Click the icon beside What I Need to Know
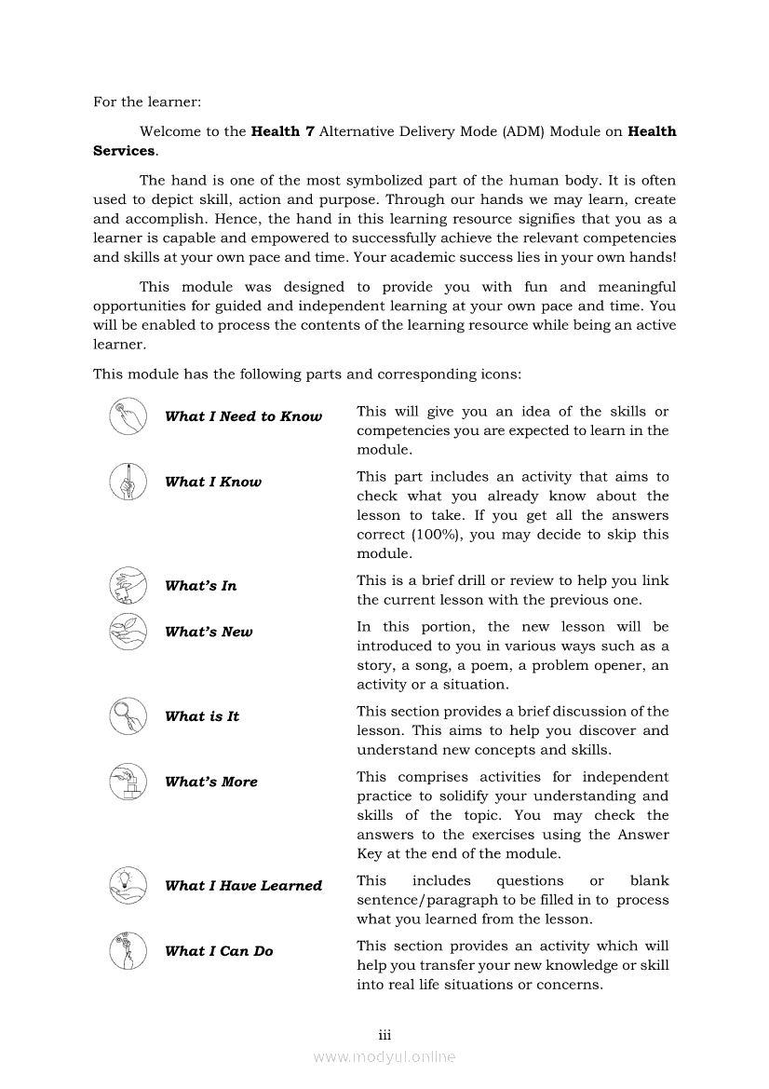tap(128, 416)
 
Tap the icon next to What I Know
tap(128, 482)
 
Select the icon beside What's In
tap(128, 585)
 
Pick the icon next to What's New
tap(128, 631)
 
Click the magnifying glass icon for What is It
tap(128, 715)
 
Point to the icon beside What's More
tap(128, 782)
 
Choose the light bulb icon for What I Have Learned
tap(128, 885)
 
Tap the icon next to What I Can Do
tap(128, 950)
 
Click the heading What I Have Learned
tap(243, 886)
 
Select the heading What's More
tap(210, 783)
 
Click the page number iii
tap(384, 1035)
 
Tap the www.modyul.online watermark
tap(384, 1056)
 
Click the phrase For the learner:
tap(147, 102)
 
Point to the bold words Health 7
tap(276, 131)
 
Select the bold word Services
tap(124, 151)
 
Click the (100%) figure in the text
tap(438, 535)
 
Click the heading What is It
tap(202, 716)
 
